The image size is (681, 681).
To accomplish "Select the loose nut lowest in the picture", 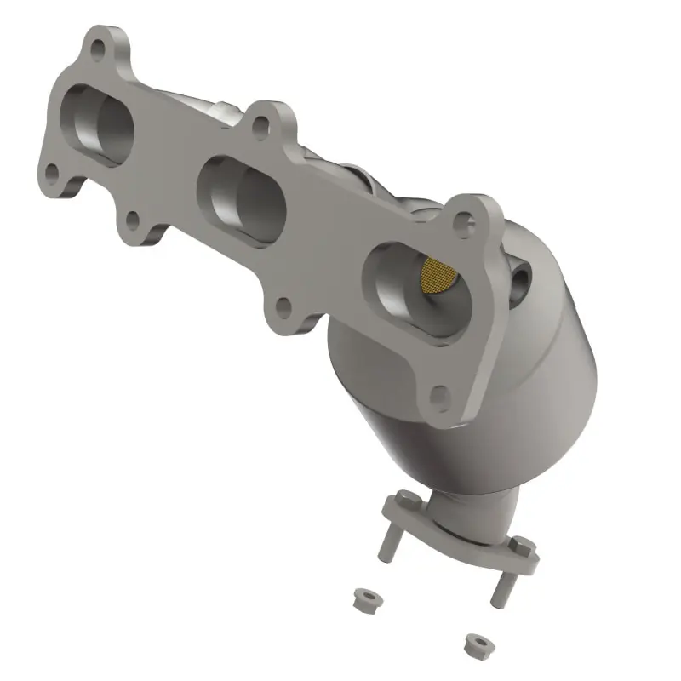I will pos(476,642).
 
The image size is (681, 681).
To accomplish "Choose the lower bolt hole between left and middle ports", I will pos(132,220).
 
